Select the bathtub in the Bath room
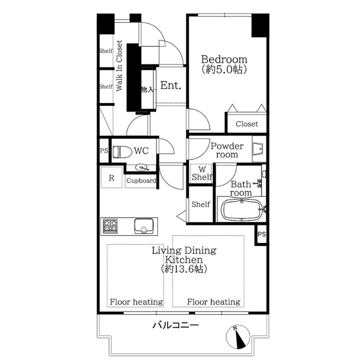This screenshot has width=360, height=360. point(242,210)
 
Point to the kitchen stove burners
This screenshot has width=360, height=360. point(110,226)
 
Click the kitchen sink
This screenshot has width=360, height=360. point(144,227)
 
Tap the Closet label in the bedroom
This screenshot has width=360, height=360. point(246,124)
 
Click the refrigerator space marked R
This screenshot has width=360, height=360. point(112,178)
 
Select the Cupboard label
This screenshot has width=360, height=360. point(141,180)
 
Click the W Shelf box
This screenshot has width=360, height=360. point(202,173)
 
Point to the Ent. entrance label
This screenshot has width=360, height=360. point(171,86)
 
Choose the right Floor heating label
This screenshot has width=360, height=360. point(214,302)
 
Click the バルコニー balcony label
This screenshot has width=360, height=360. point(176,325)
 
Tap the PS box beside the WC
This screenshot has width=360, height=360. point(103,151)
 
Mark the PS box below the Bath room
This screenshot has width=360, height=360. point(261,233)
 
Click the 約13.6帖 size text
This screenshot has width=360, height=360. point(184,269)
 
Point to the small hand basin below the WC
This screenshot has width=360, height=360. point(142,167)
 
